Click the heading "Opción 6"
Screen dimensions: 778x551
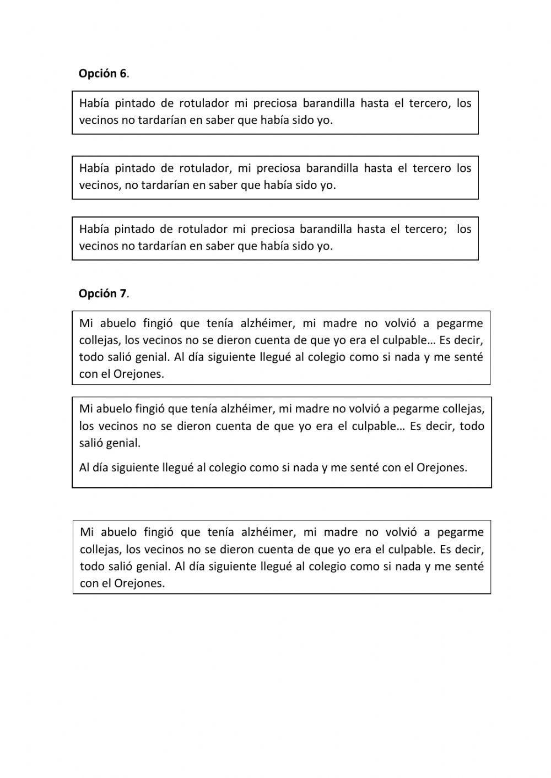click(x=102, y=74)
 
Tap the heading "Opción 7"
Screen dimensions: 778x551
click(x=102, y=293)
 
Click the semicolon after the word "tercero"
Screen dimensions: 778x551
click(x=445, y=229)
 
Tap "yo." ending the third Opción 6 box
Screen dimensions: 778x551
click(x=325, y=246)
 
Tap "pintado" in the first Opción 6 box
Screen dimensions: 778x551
click(x=136, y=103)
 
